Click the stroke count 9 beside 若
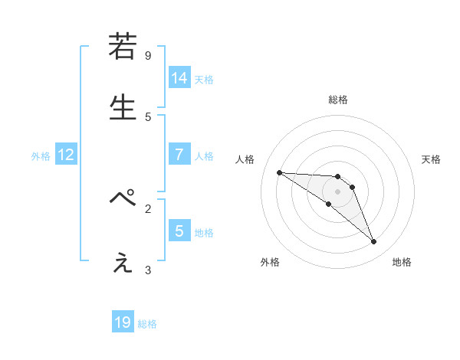tap(148, 56)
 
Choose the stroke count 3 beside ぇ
tap(148, 270)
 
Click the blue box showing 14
tap(179, 78)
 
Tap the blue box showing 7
tap(179, 155)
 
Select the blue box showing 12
tap(66, 155)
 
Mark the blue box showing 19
tap(123, 322)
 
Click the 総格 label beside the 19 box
tap(147, 324)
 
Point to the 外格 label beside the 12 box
tap(41, 156)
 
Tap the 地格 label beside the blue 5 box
tap(204, 233)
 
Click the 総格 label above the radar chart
tap(337, 100)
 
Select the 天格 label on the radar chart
tap(431, 159)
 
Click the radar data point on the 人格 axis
tap(279, 172)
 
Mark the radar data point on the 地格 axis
tap(373, 242)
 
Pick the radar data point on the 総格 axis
tap(337, 176)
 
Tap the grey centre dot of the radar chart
tap(337, 191)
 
